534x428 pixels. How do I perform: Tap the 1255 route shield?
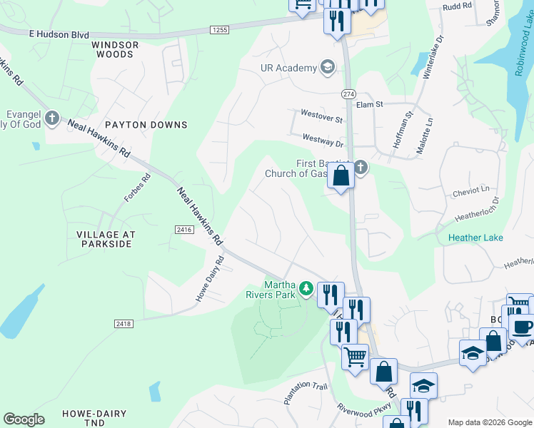(x=219, y=29)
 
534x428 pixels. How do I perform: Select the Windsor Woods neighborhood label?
(x=112, y=49)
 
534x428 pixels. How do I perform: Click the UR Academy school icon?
(x=328, y=68)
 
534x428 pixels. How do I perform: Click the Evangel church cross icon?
(x=51, y=118)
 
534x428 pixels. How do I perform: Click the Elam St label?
(x=370, y=104)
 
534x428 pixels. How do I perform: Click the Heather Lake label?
(x=475, y=238)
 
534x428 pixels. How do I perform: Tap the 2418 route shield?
(x=123, y=323)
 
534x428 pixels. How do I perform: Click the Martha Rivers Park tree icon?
(x=306, y=288)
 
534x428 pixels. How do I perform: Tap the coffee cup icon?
(x=523, y=327)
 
